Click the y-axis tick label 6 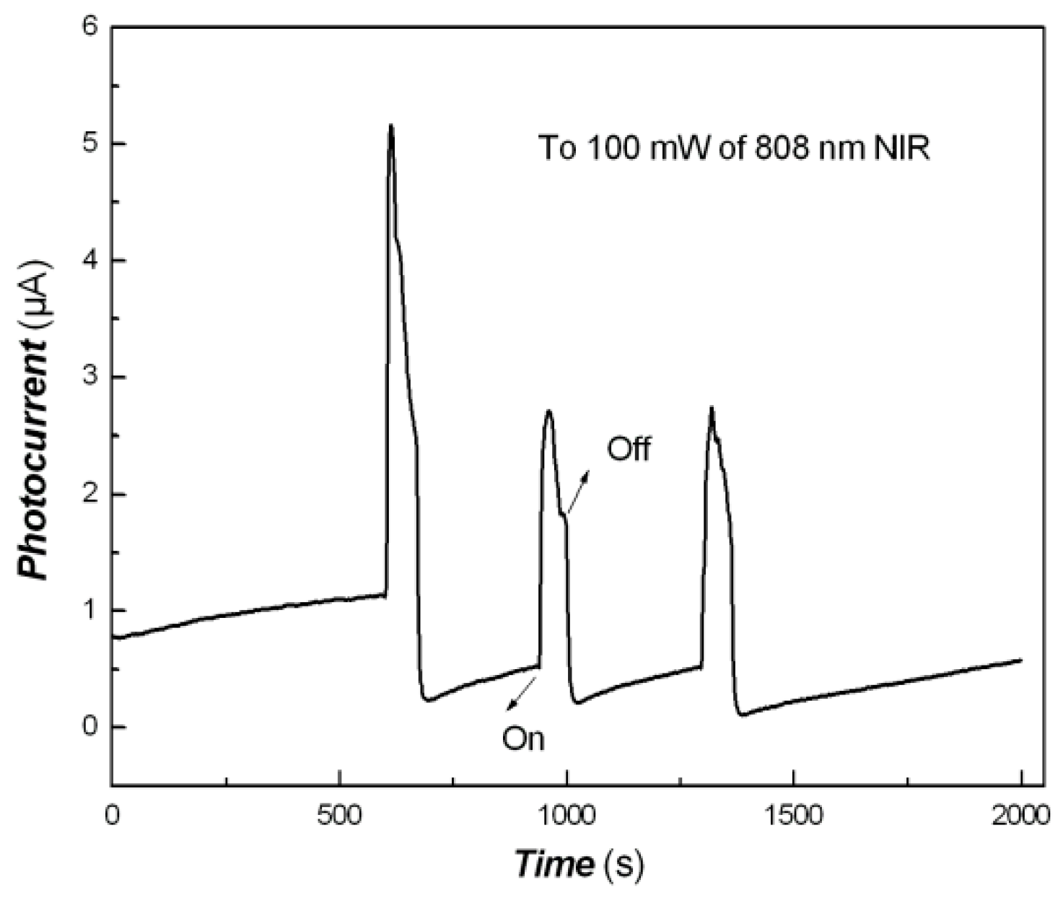click(x=89, y=27)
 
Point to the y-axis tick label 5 click(x=89, y=144)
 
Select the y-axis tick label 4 click(x=89, y=261)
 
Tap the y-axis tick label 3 click(x=89, y=378)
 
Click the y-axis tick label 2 click(x=89, y=494)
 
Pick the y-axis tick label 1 click(x=89, y=611)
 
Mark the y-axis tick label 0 click(x=89, y=727)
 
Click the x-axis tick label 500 click(x=338, y=816)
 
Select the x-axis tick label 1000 click(x=567, y=816)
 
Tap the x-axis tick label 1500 click(x=794, y=816)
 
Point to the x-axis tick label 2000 click(x=1021, y=816)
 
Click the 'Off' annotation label click(x=629, y=449)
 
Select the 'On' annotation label click(x=523, y=738)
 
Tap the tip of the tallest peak click(x=391, y=126)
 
